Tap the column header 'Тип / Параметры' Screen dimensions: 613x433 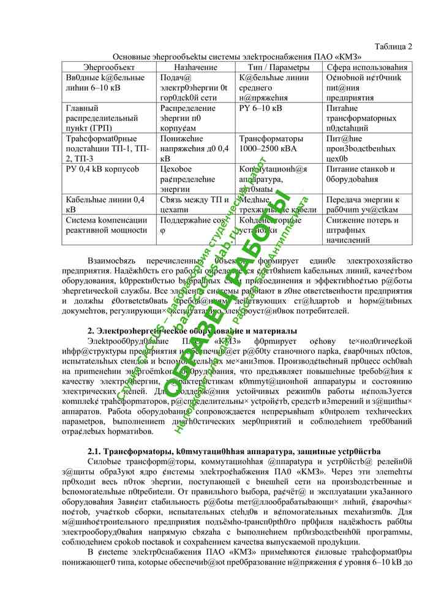tap(279, 66)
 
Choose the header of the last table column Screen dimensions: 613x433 tap(369, 66)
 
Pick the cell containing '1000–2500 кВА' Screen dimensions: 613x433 tap(271, 148)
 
